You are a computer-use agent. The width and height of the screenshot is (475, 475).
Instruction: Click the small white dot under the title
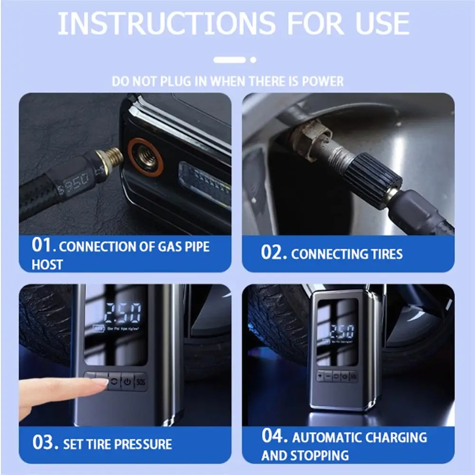[253, 60]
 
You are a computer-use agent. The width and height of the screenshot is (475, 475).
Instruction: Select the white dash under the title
[229, 60]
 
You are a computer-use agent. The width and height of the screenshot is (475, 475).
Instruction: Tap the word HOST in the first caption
[47, 264]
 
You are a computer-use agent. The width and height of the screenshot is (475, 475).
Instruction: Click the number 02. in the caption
[274, 253]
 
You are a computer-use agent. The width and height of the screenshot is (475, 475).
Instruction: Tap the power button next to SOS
[127, 381]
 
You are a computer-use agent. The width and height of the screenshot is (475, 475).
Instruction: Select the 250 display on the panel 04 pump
[342, 331]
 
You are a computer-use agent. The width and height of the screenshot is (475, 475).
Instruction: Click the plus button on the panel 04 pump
[320, 376]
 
